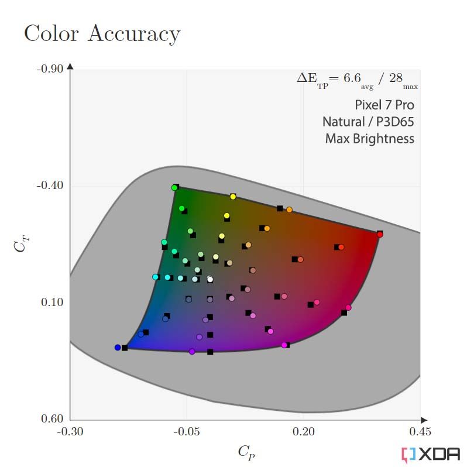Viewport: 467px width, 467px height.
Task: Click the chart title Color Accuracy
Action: (102, 33)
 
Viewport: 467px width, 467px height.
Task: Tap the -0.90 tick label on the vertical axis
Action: (50, 69)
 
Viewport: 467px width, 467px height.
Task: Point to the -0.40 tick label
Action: (50, 186)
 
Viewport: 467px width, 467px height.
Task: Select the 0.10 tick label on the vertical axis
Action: (52, 302)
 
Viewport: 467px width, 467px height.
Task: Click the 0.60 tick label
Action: (52, 418)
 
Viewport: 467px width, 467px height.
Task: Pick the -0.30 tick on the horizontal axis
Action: (70, 431)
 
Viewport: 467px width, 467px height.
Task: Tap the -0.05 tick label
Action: (187, 431)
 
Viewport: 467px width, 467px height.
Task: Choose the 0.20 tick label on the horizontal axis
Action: (304, 431)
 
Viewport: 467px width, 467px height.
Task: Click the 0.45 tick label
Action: (420, 431)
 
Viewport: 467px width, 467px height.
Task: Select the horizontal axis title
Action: (246, 452)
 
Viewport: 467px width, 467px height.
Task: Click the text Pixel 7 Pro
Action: (384, 105)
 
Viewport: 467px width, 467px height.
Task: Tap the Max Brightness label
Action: (370, 139)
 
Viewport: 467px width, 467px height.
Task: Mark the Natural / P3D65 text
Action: (368, 122)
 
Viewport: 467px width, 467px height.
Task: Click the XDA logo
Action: (431, 455)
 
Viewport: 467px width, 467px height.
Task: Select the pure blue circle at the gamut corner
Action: (118, 348)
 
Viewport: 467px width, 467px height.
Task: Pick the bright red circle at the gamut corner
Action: (380, 235)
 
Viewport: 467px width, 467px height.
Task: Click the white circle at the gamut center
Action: (210, 279)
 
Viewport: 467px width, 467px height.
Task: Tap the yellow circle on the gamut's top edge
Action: (233, 197)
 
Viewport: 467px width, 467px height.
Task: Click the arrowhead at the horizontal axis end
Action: (424, 420)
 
